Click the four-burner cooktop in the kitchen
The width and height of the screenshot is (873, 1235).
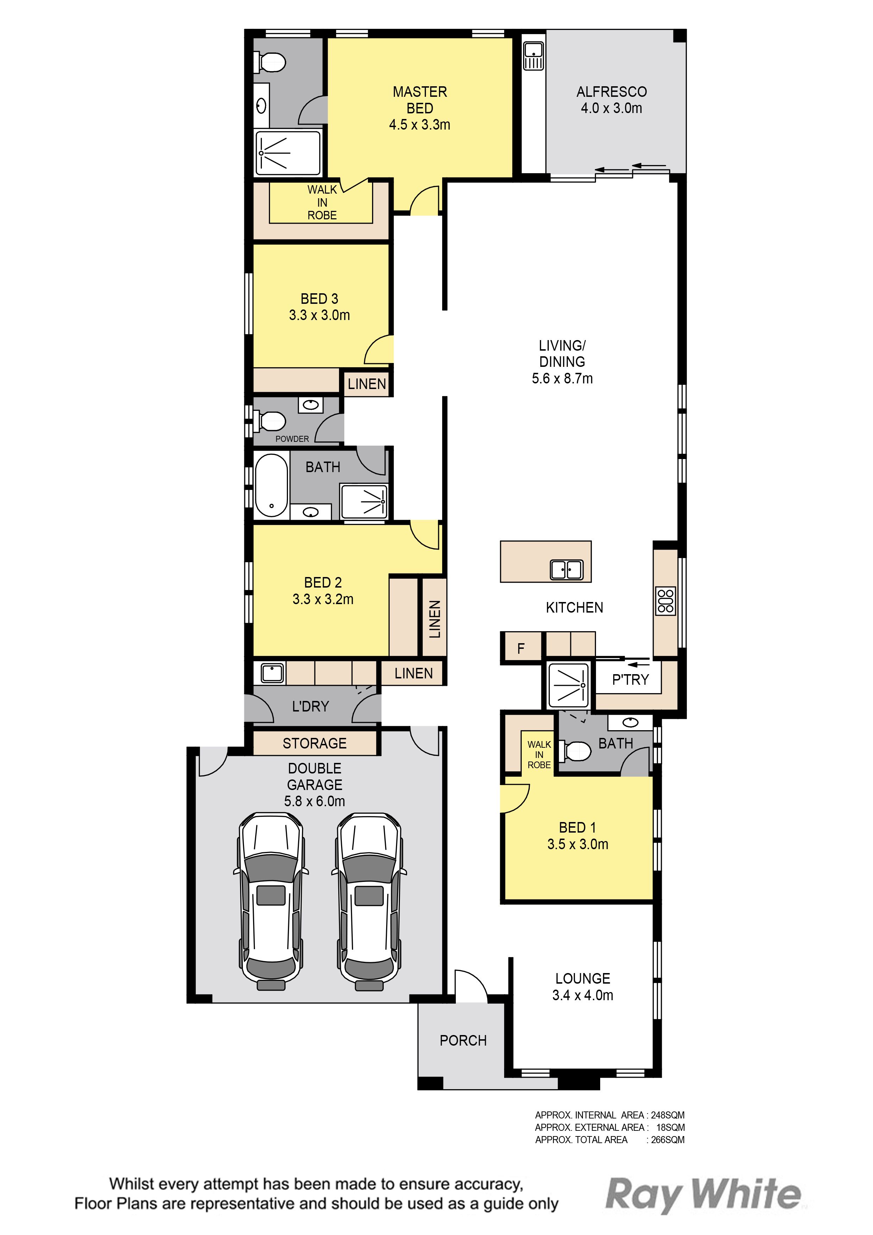click(665, 601)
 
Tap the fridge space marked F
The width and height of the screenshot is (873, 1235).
click(521, 648)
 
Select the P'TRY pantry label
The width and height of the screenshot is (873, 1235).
click(630, 680)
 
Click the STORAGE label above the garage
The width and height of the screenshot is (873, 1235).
click(315, 744)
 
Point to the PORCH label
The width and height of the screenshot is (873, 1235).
click(463, 1040)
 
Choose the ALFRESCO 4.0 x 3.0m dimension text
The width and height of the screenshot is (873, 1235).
click(611, 108)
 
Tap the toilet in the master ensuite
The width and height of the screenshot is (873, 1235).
click(271, 62)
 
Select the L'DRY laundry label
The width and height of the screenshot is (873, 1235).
click(310, 706)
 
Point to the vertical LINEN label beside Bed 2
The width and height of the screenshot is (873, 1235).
click(435, 619)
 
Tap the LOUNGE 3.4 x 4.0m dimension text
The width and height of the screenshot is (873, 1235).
click(583, 995)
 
